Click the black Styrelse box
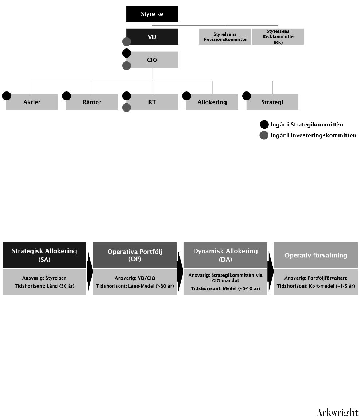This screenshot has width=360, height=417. [x=152, y=14]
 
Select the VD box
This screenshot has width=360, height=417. [x=152, y=37]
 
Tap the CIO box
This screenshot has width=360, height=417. [x=152, y=59]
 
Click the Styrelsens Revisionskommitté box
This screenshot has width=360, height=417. [x=225, y=37]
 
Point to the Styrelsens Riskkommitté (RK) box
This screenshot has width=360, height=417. [x=278, y=37]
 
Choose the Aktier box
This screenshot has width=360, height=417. [x=32, y=102]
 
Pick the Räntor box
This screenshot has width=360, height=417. [x=92, y=102]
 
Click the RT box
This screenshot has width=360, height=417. [x=152, y=102]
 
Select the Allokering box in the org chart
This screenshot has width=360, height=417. [x=212, y=102]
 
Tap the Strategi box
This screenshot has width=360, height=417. [x=272, y=102]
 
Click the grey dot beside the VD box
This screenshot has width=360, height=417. [x=127, y=42]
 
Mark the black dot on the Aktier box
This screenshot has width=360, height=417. [x=7, y=96]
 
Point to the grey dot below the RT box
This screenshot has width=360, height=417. [x=127, y=108]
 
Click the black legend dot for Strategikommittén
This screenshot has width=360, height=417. [x=264, y=124]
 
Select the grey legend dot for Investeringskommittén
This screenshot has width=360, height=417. [x=264, y=135]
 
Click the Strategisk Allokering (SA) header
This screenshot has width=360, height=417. [x=44, y=255]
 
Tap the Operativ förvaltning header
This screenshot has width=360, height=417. [x=316, y=255]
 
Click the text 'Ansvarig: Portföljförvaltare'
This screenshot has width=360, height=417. [x=316, y=278]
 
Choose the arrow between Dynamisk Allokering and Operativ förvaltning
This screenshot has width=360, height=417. [x=271, y=271]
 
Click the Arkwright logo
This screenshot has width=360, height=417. [x=337, y=413]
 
